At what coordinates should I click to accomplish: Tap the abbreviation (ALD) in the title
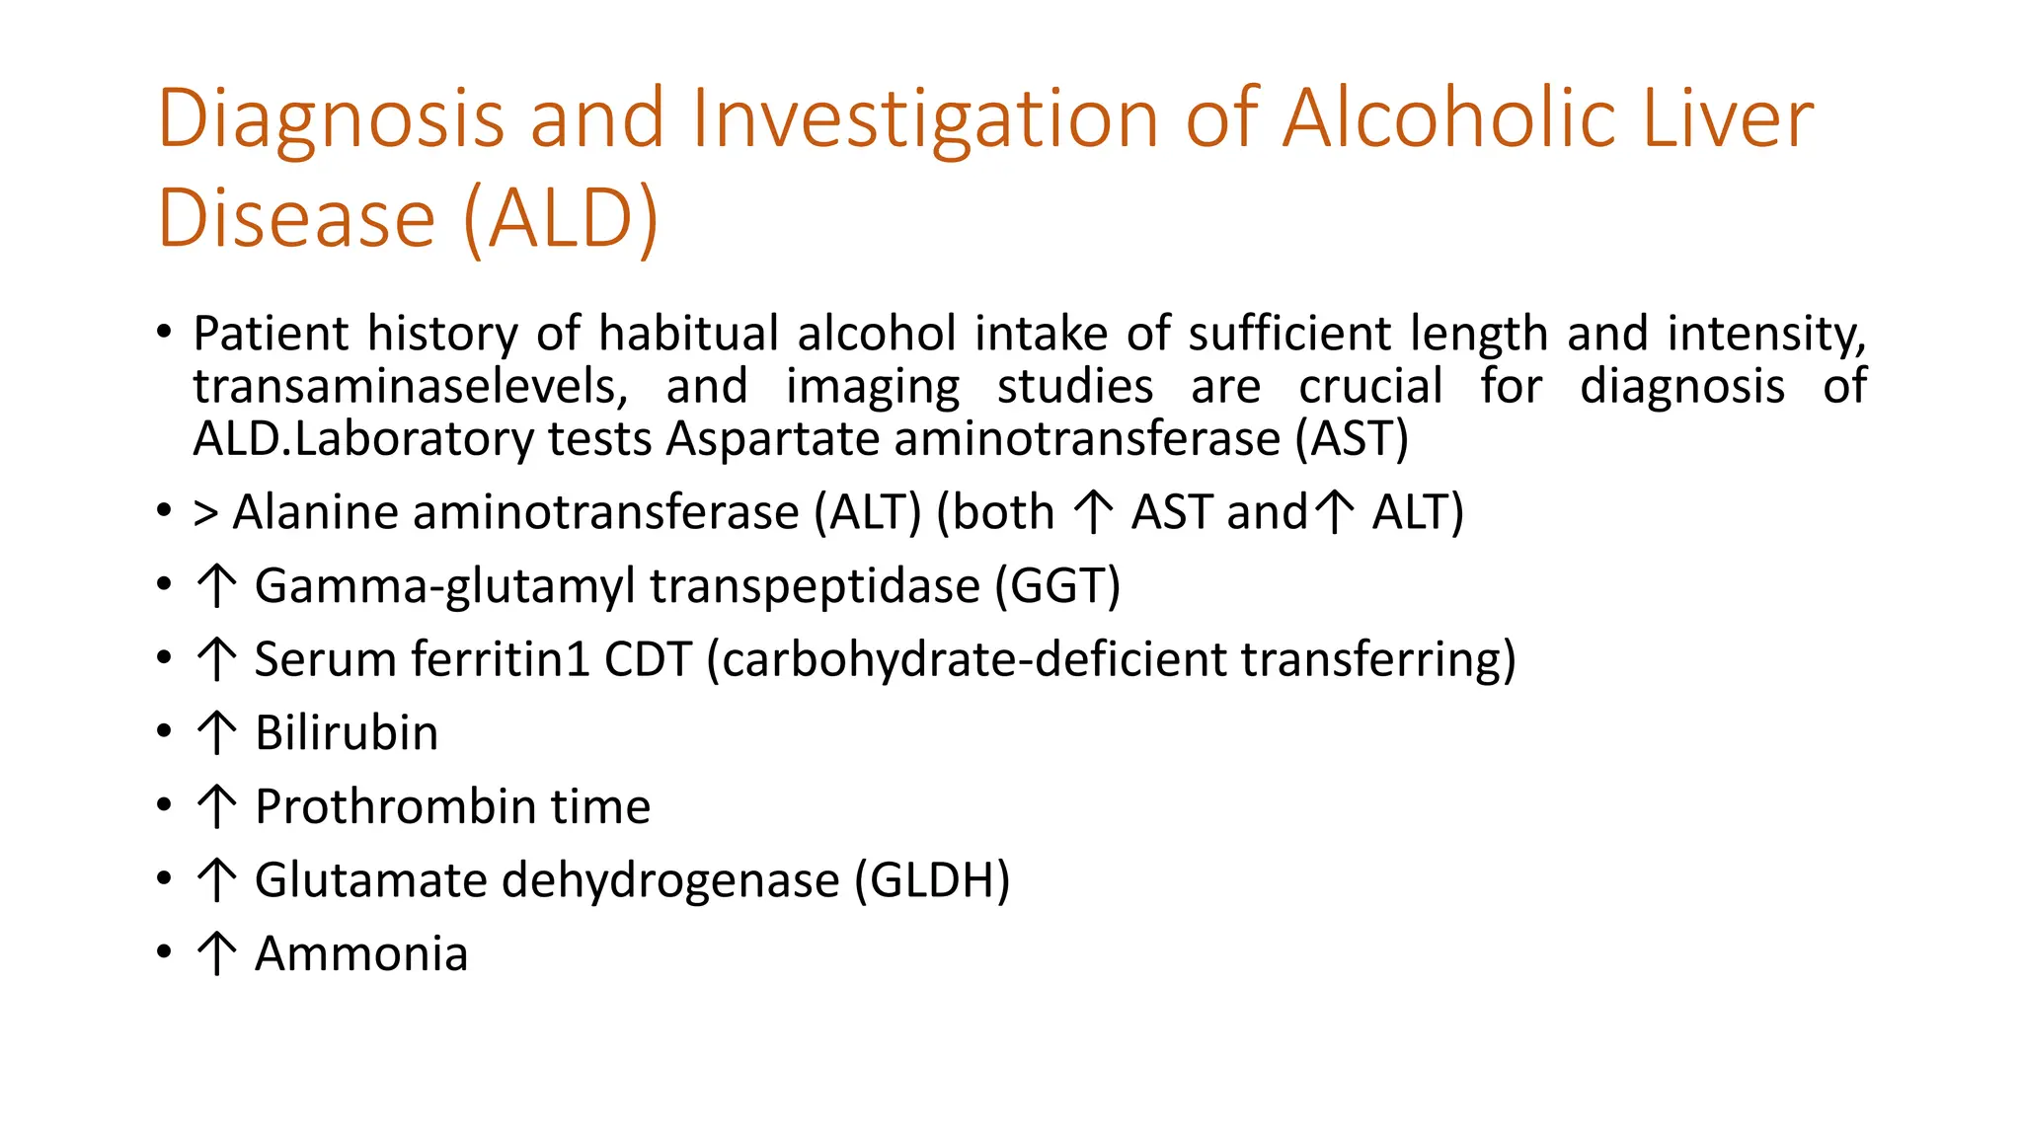coord(560,219)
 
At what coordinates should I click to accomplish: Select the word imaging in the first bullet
coord(873,386)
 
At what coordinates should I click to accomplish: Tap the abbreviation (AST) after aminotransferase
coord(1352,438)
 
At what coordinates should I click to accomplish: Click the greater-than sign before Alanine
coord(205,513)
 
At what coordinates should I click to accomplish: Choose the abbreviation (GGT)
coord(1057,585)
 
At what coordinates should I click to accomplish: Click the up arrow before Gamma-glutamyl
coord(216,585)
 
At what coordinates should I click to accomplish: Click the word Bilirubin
coord(346,733)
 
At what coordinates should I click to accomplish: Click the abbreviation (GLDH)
coord(933,879)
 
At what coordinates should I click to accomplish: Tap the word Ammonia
coord(360,953)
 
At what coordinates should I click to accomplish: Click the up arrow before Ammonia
coord(216,953)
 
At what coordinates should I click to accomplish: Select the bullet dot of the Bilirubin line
coord(164,733)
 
